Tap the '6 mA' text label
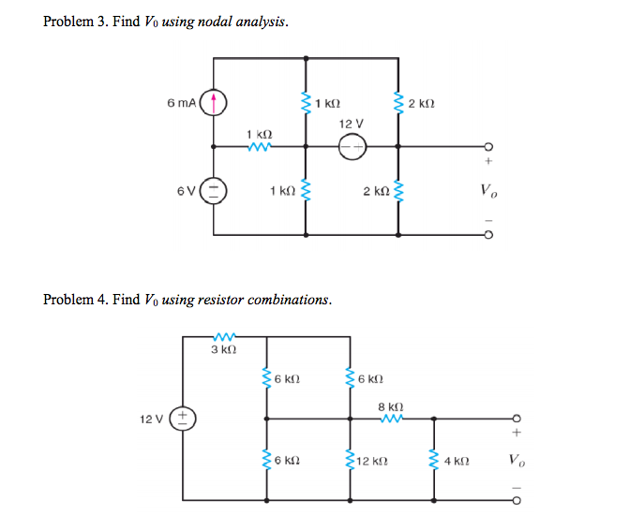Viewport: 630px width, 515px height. coord(182,103)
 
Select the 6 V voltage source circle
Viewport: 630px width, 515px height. coord(215,192)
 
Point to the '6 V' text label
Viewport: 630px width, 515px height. coord(187,192)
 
